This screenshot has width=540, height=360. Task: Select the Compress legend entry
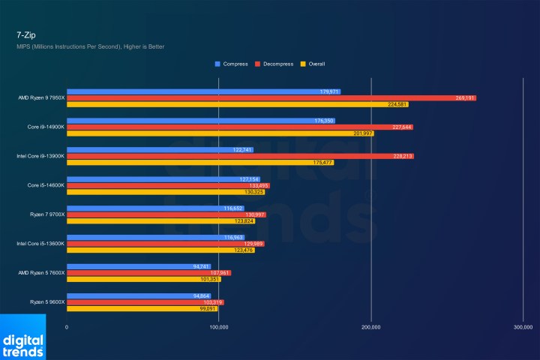(232, 64)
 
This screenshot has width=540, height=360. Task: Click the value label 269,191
(465, 98)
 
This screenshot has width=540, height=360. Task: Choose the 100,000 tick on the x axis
(218, 327)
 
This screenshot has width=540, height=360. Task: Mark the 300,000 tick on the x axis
(522, 327)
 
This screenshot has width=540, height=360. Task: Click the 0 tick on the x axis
(67, 327)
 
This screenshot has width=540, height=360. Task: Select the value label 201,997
(362, 133)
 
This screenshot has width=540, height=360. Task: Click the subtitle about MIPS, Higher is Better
(90, 46)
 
